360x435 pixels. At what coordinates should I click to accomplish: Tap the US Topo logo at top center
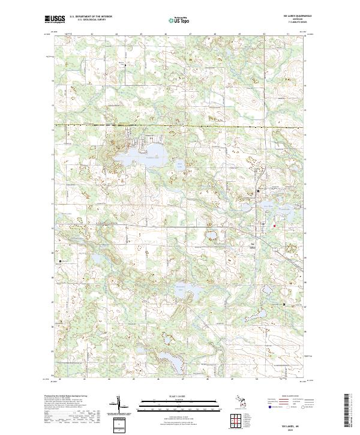tap(176, 20)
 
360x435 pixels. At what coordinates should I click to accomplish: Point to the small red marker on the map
tap(275, 226)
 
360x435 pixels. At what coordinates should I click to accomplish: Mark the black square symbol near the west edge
tap(61, 261)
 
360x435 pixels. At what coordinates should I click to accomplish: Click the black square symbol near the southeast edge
tap(284, 305)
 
